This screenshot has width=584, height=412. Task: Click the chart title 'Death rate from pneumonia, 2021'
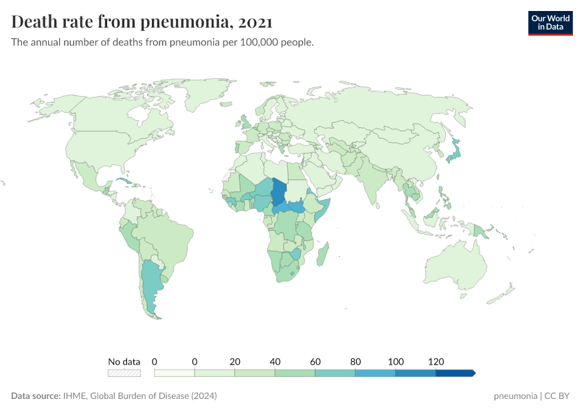[x=142, y=22]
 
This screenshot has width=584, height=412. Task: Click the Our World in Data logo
[x=550, y=23]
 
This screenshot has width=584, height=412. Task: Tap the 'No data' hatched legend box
[x=124, y=373]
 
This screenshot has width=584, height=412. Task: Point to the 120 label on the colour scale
[x=436, y=361]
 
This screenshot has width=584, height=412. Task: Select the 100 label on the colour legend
[x=396, y=361]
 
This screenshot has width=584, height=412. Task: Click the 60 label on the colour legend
[x=315, y=361]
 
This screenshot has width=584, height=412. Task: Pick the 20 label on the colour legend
[x=235, y=361]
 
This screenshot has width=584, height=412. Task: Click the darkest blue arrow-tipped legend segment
[x=455, y=373]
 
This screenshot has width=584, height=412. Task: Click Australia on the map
[x=454, y=264]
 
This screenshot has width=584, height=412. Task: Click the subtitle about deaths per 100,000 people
[x=163, y=43]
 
